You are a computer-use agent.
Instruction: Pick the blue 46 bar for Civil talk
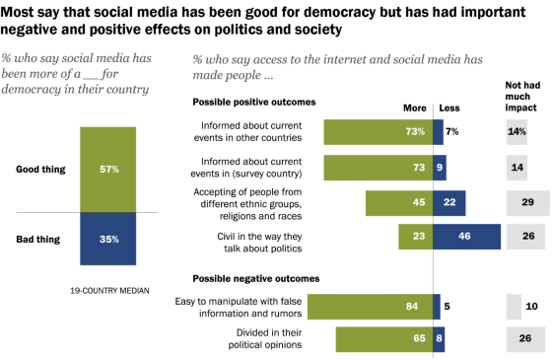[x=466, y=237]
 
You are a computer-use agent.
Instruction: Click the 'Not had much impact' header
[x=522, y=96]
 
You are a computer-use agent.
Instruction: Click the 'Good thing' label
[x=41, y=169]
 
